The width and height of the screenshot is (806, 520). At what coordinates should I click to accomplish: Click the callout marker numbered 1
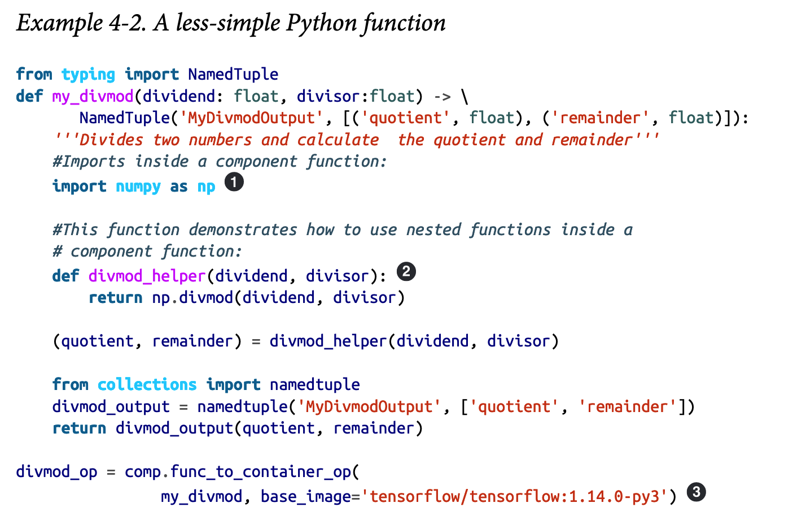(234, 183)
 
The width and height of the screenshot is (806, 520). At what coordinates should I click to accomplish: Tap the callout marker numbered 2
(406, 272)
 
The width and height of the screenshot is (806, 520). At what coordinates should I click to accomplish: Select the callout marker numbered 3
(697, 492)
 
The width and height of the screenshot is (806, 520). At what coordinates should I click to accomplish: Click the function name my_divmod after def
(93, 96)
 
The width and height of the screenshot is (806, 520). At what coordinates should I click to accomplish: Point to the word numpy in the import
(138, 186)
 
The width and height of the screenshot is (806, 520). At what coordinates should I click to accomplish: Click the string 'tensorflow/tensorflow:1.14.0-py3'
(514, 496)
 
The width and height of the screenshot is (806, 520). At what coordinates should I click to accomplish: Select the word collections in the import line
(147, 384)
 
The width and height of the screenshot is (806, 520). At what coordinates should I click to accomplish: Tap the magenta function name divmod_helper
(147, 276)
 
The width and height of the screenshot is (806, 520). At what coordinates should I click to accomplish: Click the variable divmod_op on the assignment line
(56, 471)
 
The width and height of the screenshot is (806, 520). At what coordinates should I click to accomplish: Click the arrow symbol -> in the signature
(442, 96)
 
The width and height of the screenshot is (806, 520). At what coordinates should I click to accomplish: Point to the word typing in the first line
(88, 74)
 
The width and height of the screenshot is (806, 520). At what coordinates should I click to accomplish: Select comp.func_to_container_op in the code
(238, 471)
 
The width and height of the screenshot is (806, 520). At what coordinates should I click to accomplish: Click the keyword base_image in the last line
(305, 496)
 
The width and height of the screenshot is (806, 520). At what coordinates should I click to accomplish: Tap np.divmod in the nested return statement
(192, 297)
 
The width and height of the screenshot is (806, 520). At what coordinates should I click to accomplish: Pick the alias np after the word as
(206, 186)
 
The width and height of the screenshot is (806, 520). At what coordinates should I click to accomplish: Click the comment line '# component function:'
(147, 251)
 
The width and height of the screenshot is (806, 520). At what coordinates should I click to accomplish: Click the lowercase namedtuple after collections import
(314, 384)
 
